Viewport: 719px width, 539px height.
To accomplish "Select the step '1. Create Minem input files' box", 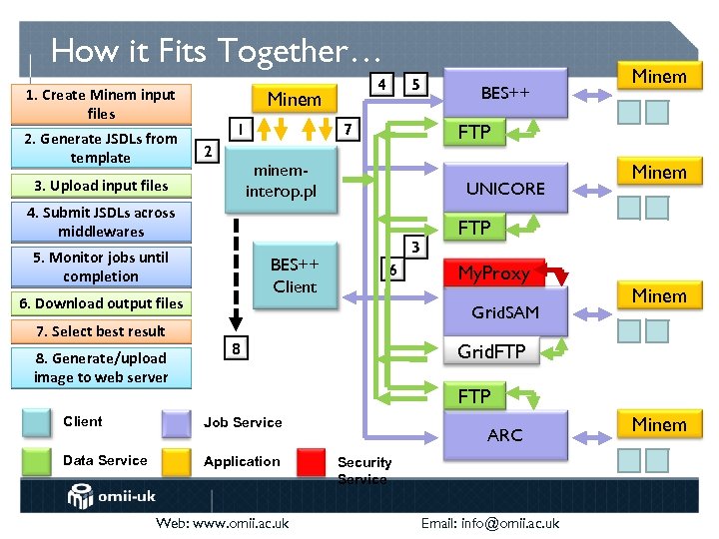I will coord(101,104).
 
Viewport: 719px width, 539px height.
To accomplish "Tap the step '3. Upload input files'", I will coord(101,186).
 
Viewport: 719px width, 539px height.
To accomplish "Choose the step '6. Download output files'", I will coord(101,303).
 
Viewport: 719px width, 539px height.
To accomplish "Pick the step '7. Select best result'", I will coord(101,331).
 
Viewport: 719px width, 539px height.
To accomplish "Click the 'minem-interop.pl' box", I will coord(281,181).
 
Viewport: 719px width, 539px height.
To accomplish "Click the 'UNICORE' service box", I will coord(505,189).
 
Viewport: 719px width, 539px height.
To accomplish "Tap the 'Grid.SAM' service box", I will coord(505,312).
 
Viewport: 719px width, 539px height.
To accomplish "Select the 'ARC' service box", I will coord(505,435).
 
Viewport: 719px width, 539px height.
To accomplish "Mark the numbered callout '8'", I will coord(233,348).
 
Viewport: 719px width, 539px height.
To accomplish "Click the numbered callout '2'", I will coord(206,151).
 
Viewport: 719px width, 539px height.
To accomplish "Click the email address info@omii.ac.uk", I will coord(489,523).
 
